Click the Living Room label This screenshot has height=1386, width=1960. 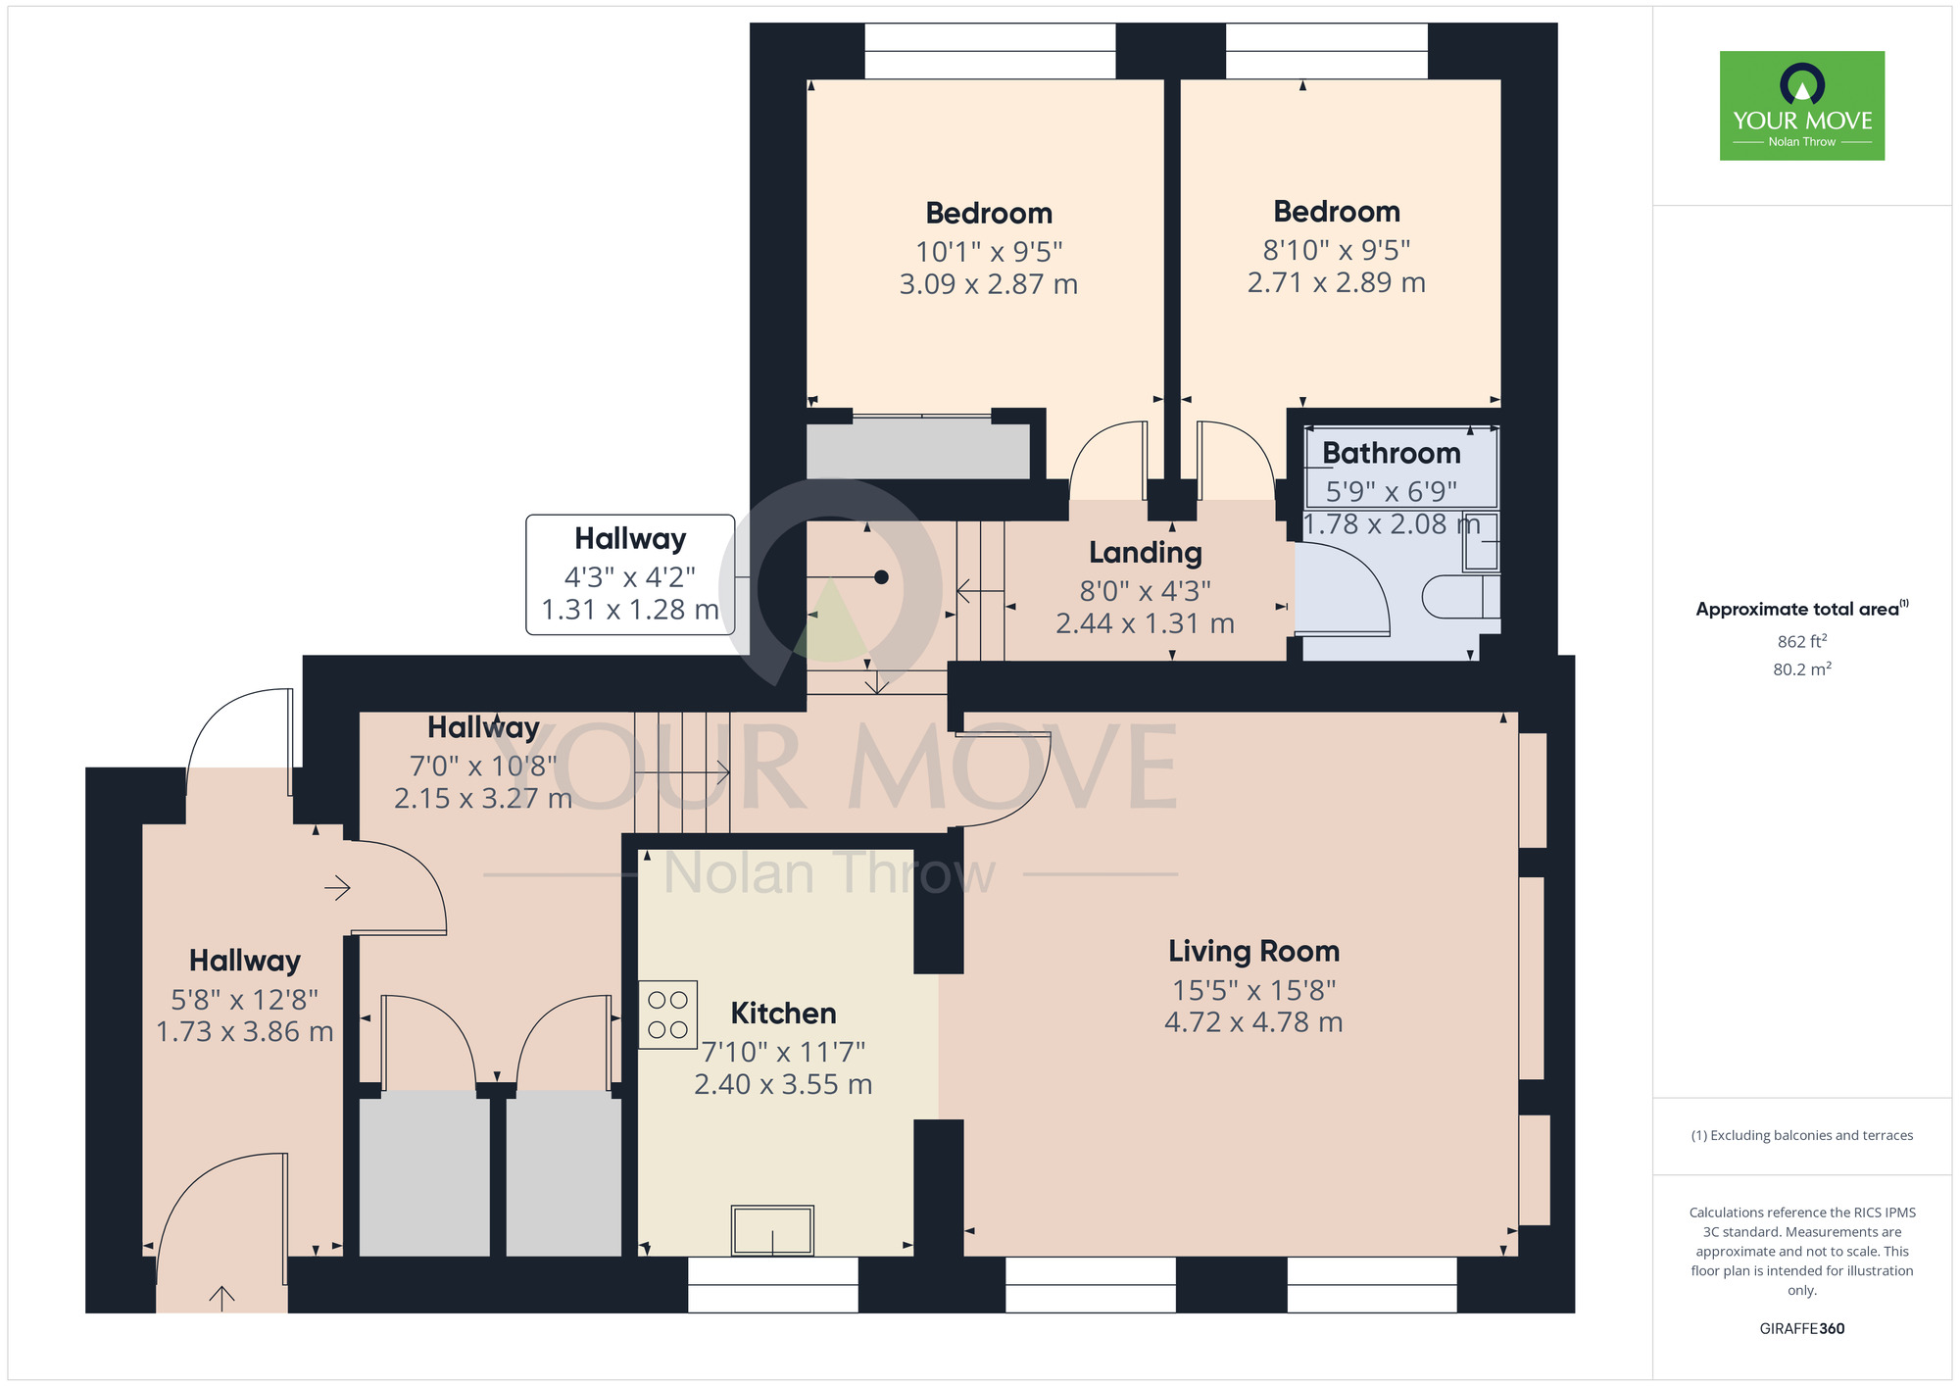1253,952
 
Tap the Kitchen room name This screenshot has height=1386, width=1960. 783,1014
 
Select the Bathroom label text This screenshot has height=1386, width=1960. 1391,453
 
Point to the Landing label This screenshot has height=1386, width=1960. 1145,553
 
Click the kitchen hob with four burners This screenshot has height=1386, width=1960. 667,1015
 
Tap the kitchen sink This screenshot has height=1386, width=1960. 772,1230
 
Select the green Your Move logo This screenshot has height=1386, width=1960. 1802,106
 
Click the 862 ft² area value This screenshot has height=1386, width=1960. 1802,641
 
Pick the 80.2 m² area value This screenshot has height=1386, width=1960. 1802,669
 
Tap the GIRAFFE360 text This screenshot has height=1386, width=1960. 1802,1329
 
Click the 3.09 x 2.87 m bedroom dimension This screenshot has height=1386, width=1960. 989,284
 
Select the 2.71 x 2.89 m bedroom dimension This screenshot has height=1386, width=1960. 1336,282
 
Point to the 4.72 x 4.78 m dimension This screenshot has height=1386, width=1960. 1253,1022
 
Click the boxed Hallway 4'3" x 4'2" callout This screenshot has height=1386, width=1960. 630,574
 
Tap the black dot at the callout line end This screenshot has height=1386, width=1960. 881,577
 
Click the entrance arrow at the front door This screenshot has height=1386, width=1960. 221,1298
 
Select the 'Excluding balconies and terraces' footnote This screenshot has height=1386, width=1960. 1802,1136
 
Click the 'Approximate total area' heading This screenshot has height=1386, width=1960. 1802,609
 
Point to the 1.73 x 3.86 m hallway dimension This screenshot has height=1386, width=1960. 245,1032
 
